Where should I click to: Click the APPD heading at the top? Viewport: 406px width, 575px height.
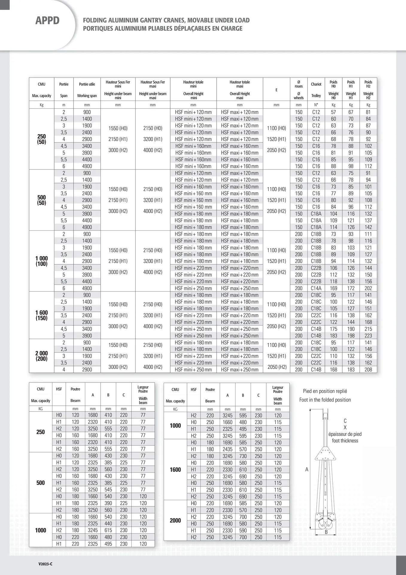[x=47, y=20]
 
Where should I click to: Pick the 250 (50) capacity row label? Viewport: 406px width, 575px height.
[x=42, y=139]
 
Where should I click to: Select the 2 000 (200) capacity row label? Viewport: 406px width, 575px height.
[x=42, y=356]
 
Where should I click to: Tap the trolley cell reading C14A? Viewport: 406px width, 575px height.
[x=316, y=288]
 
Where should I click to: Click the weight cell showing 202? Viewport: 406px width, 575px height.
[x=368, y=288]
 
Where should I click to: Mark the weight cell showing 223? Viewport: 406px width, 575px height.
[x=368, y=336]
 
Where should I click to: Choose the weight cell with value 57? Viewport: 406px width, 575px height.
[x=333, y=112]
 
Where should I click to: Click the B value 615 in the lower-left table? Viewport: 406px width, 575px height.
[x=108, y=530]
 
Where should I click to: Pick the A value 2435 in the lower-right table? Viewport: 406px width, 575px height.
[x=227, y=449]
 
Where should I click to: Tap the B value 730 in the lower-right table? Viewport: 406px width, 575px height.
[x=243, y=456]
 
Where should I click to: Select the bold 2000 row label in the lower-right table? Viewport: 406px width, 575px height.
[x=175, y=520]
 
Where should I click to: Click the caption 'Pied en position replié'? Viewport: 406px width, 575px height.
[x=325, y=391]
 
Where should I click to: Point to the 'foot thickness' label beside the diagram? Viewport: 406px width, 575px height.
[x=345, y=441]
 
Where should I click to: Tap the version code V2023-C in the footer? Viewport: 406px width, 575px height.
[x=45, y=564]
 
